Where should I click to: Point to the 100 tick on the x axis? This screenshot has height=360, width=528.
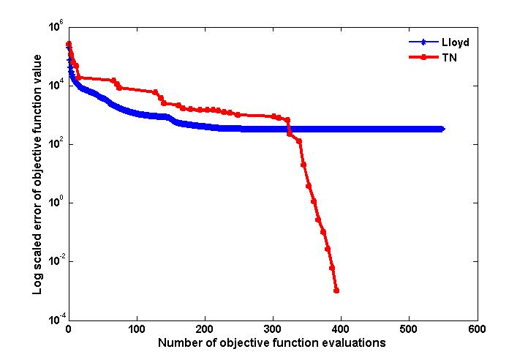[x=136, y=329]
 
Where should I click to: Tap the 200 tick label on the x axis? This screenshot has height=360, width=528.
[x=205, y=329]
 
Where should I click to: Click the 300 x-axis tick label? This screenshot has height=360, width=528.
[x=273, y=329]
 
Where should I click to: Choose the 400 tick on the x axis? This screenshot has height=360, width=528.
[x=341, y=329]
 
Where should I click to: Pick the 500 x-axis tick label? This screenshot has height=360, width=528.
[x=409, y=329]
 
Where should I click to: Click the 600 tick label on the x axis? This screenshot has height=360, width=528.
[x=477, y=329]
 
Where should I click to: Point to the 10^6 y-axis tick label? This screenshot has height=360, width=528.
[x=56, y=26]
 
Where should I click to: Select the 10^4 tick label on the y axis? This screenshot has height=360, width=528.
[x=56, y=86]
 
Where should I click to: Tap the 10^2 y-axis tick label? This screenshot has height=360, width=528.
[x=56, y=144]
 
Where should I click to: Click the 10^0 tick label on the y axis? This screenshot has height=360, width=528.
[x=56, y=203]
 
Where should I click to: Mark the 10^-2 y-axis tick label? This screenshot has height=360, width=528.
[x=56, y=261]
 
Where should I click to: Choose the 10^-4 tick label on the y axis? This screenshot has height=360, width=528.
[x=56, y=320]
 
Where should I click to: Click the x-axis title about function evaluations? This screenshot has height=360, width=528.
[x=272, y=342]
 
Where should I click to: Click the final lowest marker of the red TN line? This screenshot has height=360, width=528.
[x=336, y=290]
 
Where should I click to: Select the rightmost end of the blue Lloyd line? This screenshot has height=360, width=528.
[x=442, y=129]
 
